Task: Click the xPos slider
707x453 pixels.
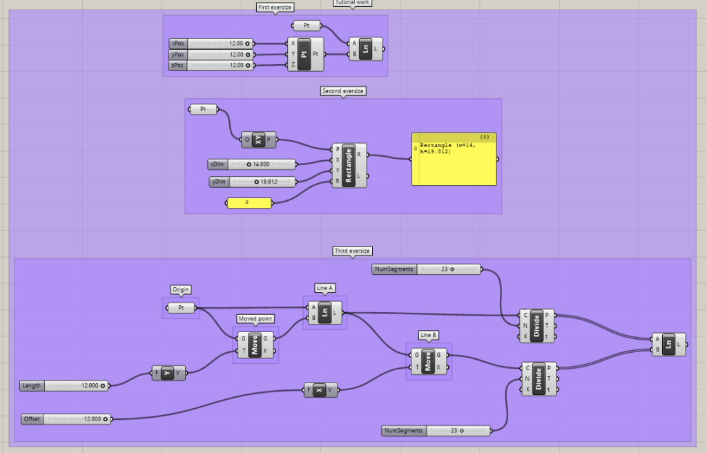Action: point(211,44)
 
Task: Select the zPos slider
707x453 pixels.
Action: point(211,66)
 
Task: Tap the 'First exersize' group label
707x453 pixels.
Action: point(275,7)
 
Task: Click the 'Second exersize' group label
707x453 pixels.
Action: point(342,90)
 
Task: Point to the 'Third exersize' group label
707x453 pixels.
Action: point(352,251)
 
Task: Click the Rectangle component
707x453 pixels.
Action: point(349,165)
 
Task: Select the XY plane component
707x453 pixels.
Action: point(258,139)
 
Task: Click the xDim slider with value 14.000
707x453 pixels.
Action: point(251,164)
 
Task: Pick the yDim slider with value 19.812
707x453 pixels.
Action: point(253,182)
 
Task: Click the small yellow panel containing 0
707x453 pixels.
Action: point(249,202)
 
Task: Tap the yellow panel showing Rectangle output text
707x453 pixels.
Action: point(454,159)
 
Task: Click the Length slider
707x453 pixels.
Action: point(64,386)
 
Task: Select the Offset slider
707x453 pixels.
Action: point(66,419)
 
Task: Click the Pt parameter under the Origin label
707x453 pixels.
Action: point(181,308)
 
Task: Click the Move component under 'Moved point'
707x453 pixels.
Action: point(255,345)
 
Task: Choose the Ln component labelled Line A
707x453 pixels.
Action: point(325,312)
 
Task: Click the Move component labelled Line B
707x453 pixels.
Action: point(428,361)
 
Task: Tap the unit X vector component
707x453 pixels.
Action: point(320,390)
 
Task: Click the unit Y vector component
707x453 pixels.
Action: point(168,373)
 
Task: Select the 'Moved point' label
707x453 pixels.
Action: point(255,318)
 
